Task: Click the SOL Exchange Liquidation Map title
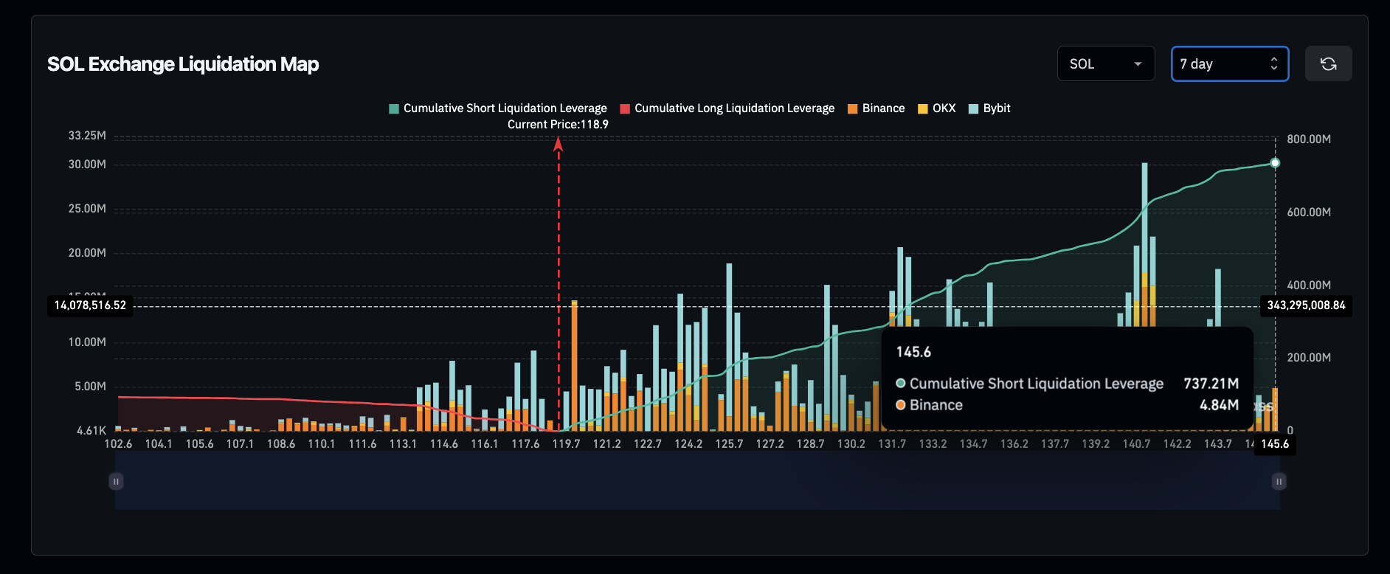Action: tap(183, 64)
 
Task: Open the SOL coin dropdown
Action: tap(1105, 64)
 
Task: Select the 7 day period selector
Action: tap(1229, 64)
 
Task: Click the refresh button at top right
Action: tap(1328, 64)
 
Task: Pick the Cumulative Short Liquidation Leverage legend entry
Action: tap(498, 108)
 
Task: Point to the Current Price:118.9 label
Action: tap(558, 125)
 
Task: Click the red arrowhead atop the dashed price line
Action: tap(559, 144)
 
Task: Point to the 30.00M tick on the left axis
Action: tap(87, 165)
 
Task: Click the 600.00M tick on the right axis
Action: tap(1309, 212)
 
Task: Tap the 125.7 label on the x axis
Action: tap(729, 444)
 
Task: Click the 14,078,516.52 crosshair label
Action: tap(90, 305)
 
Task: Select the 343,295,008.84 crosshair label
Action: tap(1306, 305)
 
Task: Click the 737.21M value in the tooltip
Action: tap(1211, 384)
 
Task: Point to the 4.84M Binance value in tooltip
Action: tap(1219, 405)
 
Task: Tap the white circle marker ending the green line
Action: tap(1275, 163)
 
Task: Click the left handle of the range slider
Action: tap(116, 482)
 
